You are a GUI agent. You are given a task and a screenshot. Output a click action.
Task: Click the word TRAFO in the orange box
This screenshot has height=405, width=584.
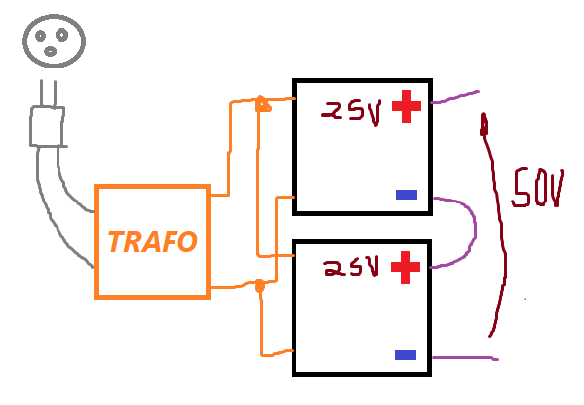pyautogui.click(x=153, y=241)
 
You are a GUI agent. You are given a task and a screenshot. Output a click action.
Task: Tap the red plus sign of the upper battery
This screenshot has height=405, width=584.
pyautogui.click(x=407, y=106)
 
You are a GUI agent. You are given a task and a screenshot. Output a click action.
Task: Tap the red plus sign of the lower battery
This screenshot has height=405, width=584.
pyautogui.click(x=406, y=267)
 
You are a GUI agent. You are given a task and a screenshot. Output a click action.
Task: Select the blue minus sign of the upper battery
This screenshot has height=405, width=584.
pyautogui.click(x=407, y=195)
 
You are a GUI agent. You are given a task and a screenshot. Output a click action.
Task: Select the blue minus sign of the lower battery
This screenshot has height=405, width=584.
pyautogui.click(x=406, y=355)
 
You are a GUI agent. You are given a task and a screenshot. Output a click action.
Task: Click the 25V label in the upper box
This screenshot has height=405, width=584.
pyautogui.click(x=352, y=112)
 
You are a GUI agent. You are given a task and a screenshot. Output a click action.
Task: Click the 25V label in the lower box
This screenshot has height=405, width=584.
pyautogui.click(x=351, y=267)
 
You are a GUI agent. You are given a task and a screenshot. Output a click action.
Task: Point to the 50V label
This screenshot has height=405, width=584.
pyautogui.click(x=537, y=188)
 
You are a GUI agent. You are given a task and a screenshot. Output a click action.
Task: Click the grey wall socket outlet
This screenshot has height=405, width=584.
pyautogui.click(x=54, y=41)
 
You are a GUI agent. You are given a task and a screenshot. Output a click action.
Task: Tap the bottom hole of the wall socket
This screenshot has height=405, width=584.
pyautogui.click(x=50, y=51)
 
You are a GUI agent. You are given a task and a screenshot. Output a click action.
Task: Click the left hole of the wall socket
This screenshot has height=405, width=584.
pyautogui.click(x=40, y=36)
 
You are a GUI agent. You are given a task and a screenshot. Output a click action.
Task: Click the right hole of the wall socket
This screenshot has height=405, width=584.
pyautogui.click(x=61, y=35)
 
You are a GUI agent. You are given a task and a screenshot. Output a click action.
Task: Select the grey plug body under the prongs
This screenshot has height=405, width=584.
pyautogui.click(x=48, y=126)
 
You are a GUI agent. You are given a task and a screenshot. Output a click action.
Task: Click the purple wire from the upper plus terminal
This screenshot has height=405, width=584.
pyautogui.click(x=455, y=97)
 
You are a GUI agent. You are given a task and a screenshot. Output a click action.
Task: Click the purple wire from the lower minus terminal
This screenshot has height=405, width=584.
pyautogui.click(x=465, y=358)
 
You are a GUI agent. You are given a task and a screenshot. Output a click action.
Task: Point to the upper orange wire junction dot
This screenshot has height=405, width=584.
pyautogui.click(x=262, y=104)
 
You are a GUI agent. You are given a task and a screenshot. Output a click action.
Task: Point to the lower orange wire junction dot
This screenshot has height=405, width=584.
pyautogui.click(x=259, y=286)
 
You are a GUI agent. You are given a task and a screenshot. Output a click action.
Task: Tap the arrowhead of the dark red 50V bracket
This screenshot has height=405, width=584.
pyautogui.click(x=484, y=124)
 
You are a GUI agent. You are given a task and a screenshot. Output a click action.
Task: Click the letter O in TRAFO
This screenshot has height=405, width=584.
pyautogui.click(x=187, y=241)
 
